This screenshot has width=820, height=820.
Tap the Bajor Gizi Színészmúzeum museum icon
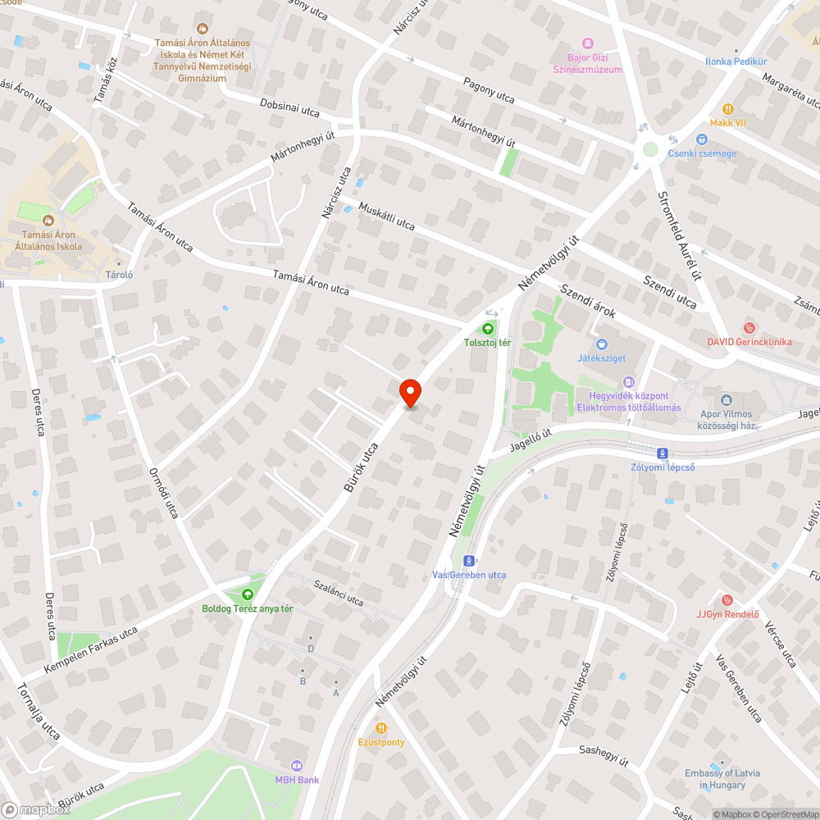click(x=587, y=43)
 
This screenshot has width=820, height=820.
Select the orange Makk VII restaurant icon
click(x=727, y=109)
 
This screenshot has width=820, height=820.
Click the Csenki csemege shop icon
click(x=702, y=139)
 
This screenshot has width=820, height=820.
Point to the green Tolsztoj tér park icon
click(x=488, y=329)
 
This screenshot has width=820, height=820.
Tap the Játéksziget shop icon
click(x=602, y=344)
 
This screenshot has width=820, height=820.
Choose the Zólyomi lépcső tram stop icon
click(x=662, y=453)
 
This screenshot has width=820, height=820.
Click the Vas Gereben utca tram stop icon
click(x=468, y=561)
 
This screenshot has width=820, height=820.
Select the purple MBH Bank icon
click(x=297, y=766)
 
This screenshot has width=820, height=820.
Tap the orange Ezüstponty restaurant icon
click(x=381, y=728)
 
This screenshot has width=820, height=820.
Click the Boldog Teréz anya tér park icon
click(x=248, y=594)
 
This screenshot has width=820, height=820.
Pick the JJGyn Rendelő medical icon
click(x=727, y=600)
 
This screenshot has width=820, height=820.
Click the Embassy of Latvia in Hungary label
click(x=722, y=779)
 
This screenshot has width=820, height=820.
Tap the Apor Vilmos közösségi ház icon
click(x=726, y=400)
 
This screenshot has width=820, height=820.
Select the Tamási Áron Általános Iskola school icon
click(x=48, y=220)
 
